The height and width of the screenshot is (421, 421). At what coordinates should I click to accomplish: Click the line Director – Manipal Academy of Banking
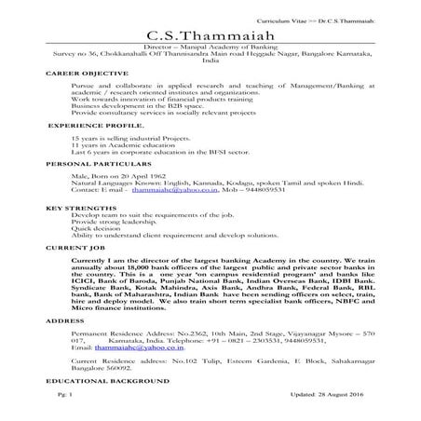pyautogui.click(x=210, y=46)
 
